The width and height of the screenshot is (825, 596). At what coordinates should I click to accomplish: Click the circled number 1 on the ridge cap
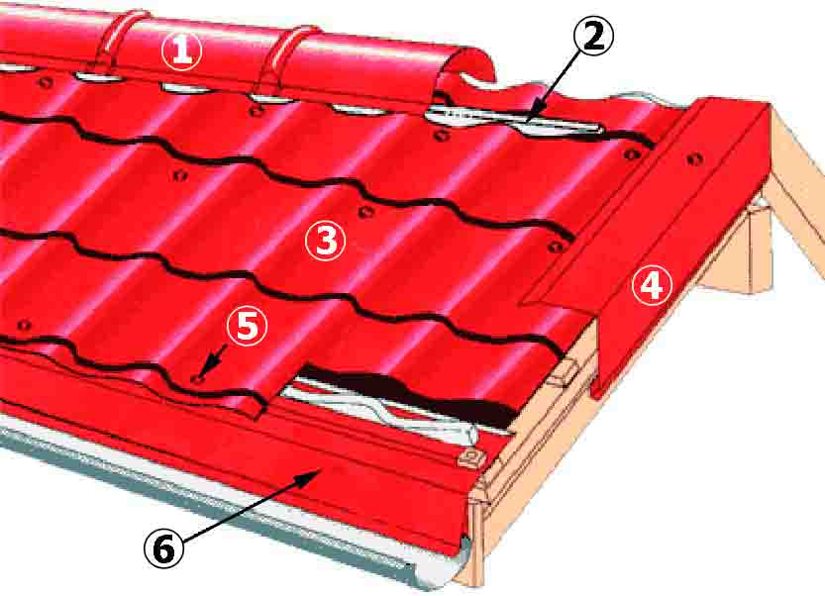[x=181, y=50]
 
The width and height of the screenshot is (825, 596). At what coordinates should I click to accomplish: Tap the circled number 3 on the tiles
[x=326, y=241]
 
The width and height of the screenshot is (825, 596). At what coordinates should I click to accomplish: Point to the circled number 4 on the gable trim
[x=652, y=285]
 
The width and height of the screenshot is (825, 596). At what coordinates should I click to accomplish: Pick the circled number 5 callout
[x=248, y=326]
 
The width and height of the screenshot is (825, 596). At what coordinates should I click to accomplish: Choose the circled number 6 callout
[x=164, y=548]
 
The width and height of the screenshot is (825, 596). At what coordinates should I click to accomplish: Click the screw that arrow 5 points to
[x=196, y=379]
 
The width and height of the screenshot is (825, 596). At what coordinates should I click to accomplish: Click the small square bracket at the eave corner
[x=470, y=457]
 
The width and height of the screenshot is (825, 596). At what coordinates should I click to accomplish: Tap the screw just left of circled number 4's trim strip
[x=631, y=154]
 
